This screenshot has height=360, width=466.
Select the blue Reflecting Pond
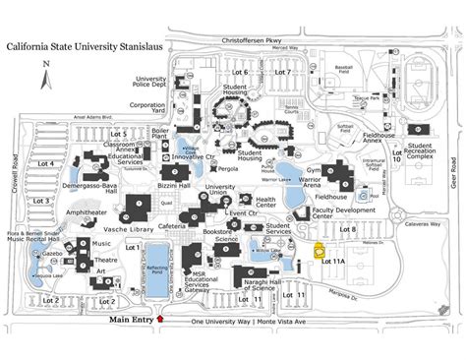[x=157, y=259]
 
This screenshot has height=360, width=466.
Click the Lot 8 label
[x=347, y=229]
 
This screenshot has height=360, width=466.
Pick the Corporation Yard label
[x=147, y=108]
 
